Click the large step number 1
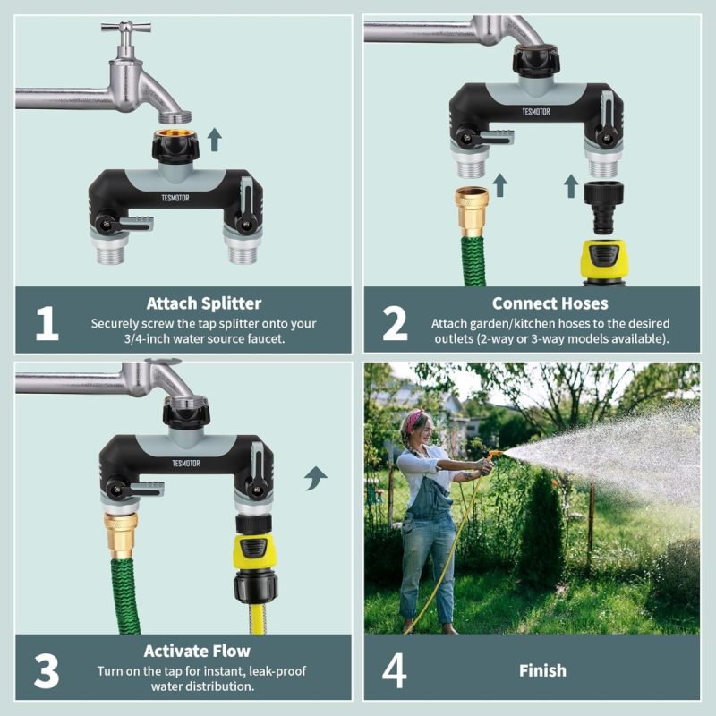point(47,323)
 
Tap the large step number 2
point(395,323)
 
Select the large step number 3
point(47,671)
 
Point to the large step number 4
point(395,670)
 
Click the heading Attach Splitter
point(204,303)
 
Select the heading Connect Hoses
point(550,303)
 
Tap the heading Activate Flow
point(197,651)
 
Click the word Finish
point(542,670)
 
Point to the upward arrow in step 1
point(214,140)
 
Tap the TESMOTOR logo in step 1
point(175,198)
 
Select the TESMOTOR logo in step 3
point(186,463)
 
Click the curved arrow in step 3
point(315,478)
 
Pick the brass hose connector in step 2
point(472,212)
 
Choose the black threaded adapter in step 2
point(603,208)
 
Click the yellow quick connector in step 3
point(253,552)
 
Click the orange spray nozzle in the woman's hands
point(493,456)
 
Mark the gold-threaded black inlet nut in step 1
point(175,144)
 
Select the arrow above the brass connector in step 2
point(500,185)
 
